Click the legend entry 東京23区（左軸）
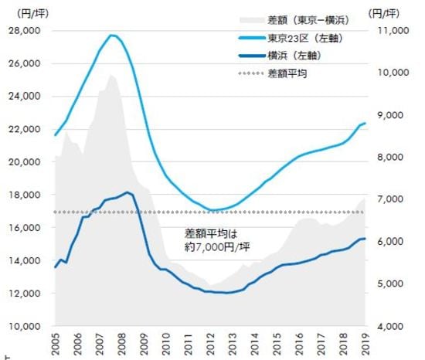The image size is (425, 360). (x=301, y=39)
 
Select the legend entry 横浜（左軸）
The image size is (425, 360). (x=294, y=56)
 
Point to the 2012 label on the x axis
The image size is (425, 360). (x=210, y=345)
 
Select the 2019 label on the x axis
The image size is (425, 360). (x=365, y=345)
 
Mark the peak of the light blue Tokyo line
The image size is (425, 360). (x=112, y=35)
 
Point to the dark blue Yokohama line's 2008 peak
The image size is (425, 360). (x=127, y=192)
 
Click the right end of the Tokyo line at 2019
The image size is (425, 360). (x=365, y=123)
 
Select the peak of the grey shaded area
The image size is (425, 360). (x=111, y=75)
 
